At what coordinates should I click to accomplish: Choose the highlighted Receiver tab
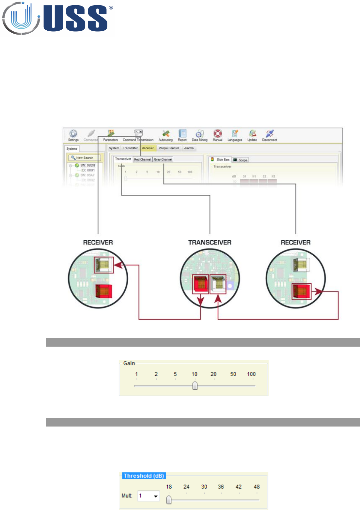click(x=148, y=148)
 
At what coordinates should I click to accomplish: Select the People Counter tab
click(x=169, y=148)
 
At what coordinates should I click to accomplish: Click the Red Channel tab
click(x=143, y=159)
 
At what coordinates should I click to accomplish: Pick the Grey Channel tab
click(x=163, y=159)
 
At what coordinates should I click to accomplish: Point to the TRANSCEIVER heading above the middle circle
click(x=210, y=242)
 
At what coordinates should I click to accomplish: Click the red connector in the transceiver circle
click(x=200, y=284)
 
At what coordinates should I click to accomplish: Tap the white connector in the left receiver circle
click(x=103, y=265)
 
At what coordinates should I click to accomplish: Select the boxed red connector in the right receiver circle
click(x=301, y=291)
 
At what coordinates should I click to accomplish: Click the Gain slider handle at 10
click(x=195, y=386)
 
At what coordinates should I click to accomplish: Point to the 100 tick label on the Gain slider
click(x=251, y=374)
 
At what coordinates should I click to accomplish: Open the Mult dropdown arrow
click(x=156, y=496)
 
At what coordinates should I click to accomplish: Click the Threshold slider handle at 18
click(x=169, y=500)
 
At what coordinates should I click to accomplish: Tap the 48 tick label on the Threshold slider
click(x=257, y=487)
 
